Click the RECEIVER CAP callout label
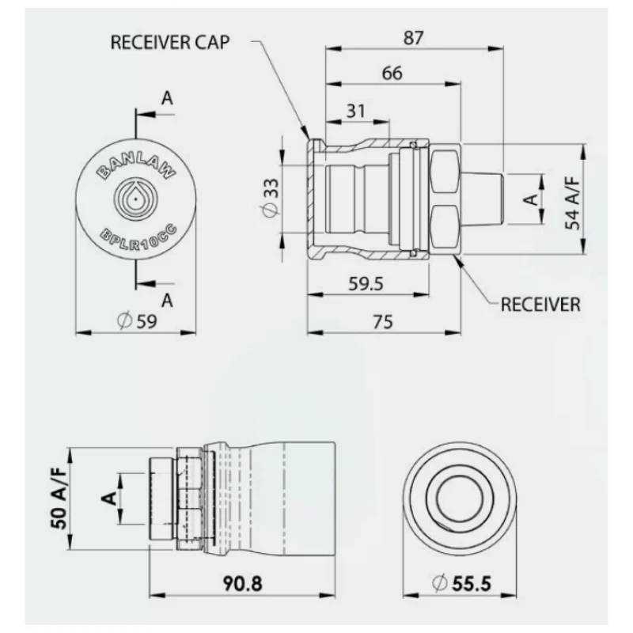click(x=170, y=43)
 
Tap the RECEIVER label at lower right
click(x=540, y=305)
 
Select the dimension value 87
click(x=414, y=38)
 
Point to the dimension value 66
click(x=392, y=74)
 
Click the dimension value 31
click(x=355, y=111)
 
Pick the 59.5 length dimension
click(x=366, y=284)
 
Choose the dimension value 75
click(x=383, y=322)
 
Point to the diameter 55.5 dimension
click(x=461, y=584)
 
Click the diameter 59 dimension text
click(x=137, y=321)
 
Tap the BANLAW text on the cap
click(x=136, y=167)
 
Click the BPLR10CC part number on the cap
click(x=138, y=238)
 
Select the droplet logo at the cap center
click(x=135, y=199)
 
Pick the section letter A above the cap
click(x=167, y=98)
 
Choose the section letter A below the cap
click(x=167, y=301)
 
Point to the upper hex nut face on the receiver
click(x=445, y=171)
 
